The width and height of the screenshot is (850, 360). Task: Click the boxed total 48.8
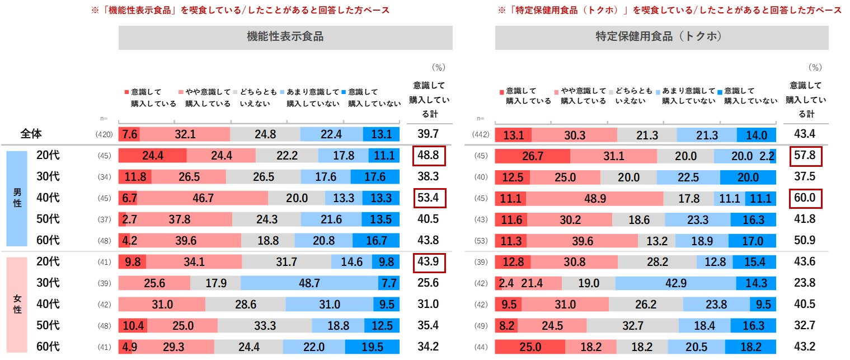(x=428, y=156)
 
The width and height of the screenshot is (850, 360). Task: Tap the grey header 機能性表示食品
(x=285, y=37)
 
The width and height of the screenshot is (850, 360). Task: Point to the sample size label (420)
(x=105, y=134)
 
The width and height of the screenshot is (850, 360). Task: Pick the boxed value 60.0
(x=806, y=198)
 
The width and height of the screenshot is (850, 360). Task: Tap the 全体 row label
(x=32, y=134)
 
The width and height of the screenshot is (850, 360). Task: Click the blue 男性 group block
(x=17, y=198)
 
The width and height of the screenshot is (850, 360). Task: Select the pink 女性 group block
(x=17, y=305)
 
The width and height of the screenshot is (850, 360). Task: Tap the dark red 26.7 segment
(x=532, y=156)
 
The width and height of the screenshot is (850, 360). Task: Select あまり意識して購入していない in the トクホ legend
(x=688, y=96)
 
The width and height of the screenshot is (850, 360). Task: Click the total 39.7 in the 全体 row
(x=428, y=134)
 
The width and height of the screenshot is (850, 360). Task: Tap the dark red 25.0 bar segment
(x=529, y=347)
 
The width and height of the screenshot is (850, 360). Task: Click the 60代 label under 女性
(x=48, y=347)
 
